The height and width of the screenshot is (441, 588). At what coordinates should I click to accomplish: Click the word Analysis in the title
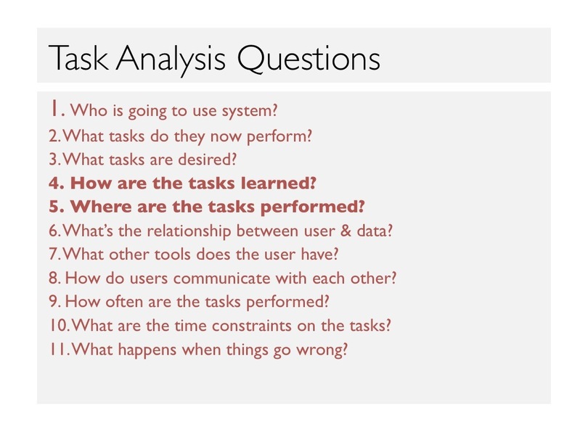[x=171, y=59]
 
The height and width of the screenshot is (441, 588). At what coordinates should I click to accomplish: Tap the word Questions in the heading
[x=309, y=59]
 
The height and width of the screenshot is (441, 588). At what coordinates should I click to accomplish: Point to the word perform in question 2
[x=279, y=137]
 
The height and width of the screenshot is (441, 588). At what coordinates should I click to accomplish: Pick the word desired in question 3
[x=208, y=160]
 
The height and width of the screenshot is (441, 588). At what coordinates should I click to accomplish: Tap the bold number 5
[x=54, y=207]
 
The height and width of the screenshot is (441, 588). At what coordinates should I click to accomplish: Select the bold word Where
[x=101, y=207]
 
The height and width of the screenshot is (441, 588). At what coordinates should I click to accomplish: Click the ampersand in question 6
[x=346, y=231]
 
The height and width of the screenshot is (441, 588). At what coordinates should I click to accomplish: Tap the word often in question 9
[x=123, y=302]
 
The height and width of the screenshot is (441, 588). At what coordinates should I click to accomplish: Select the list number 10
[x=59, y=325]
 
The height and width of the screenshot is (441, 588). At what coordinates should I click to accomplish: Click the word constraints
[x=252, y=326]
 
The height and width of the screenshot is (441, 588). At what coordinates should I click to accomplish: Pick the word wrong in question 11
[x=322, y=350]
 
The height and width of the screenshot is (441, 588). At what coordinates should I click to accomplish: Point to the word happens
[x=147, y=350]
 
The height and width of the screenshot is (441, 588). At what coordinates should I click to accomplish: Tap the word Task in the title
[x=78, y=58]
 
